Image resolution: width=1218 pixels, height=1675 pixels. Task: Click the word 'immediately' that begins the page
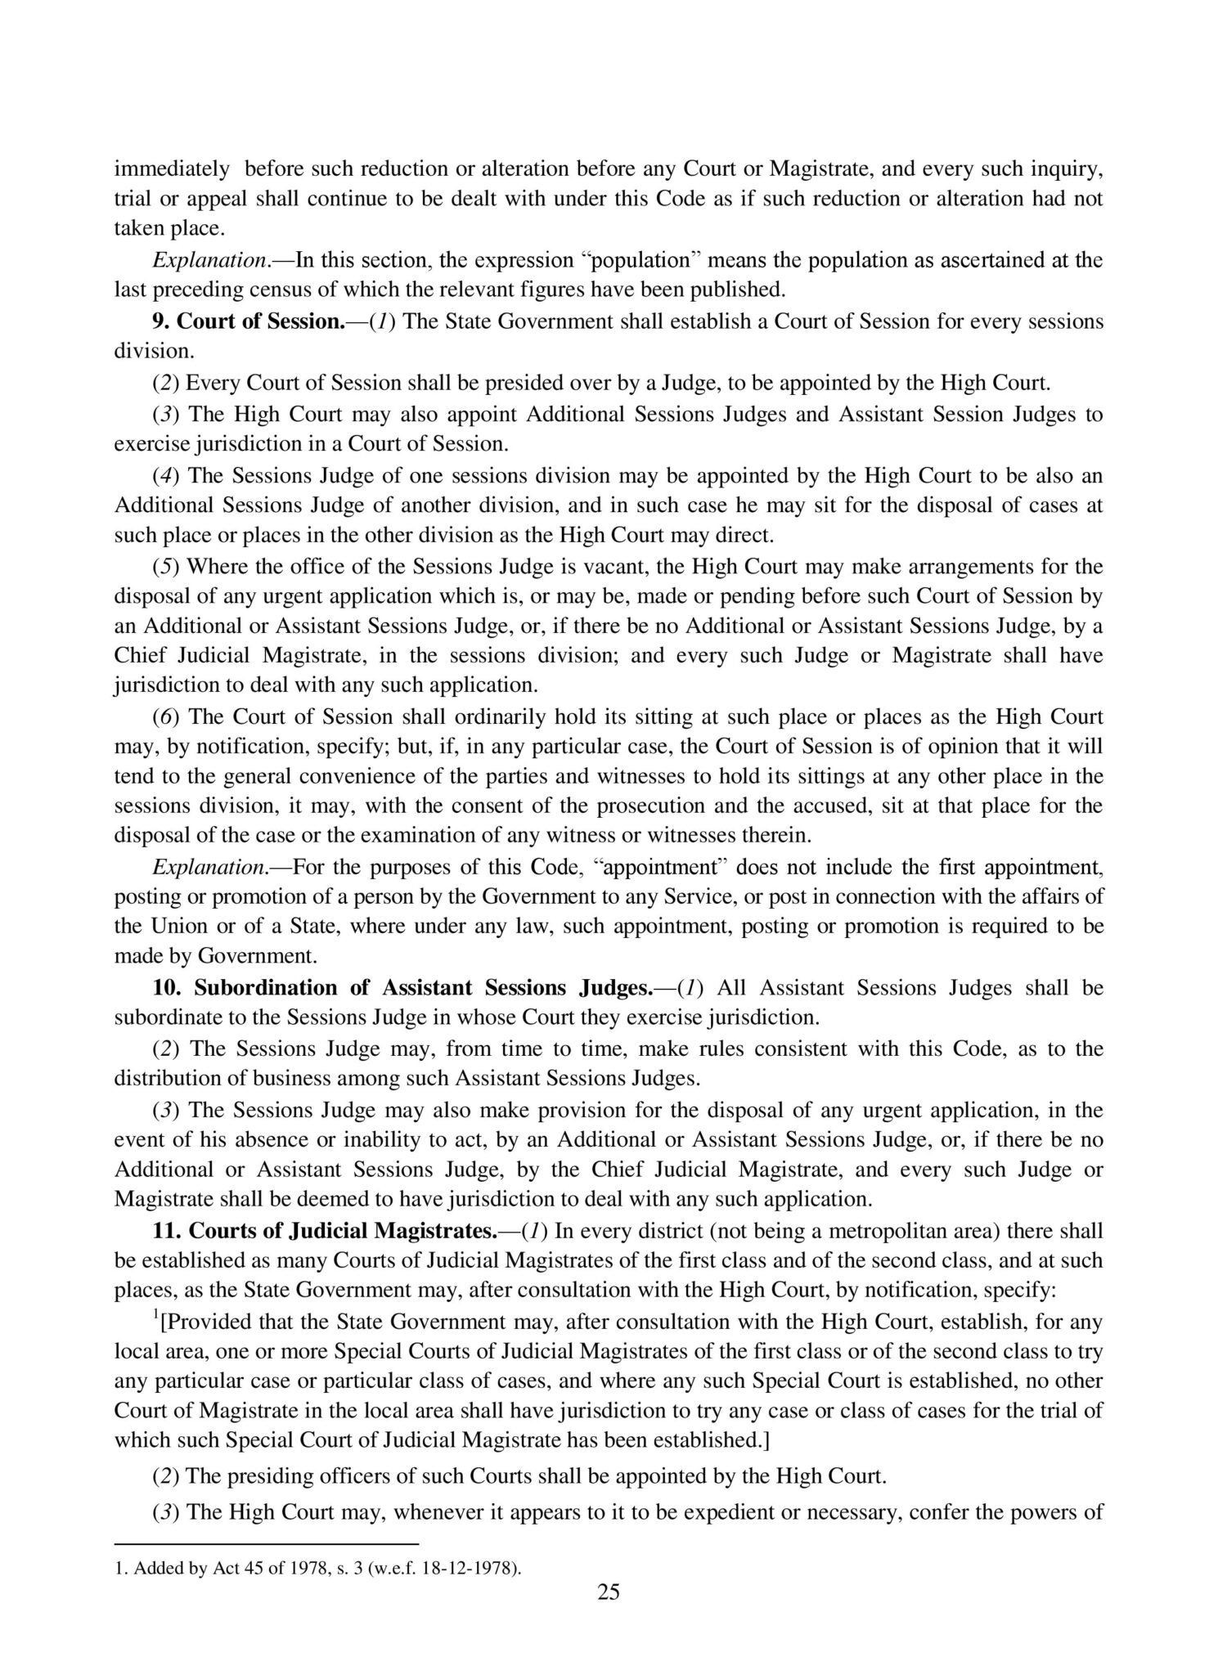coord(172,169)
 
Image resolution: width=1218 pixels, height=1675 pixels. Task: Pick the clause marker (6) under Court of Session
coord(167,717)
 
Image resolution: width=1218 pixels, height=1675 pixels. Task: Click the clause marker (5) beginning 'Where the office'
coord(167,567)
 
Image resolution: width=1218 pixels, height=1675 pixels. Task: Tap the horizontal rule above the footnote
coord(266,1545)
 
